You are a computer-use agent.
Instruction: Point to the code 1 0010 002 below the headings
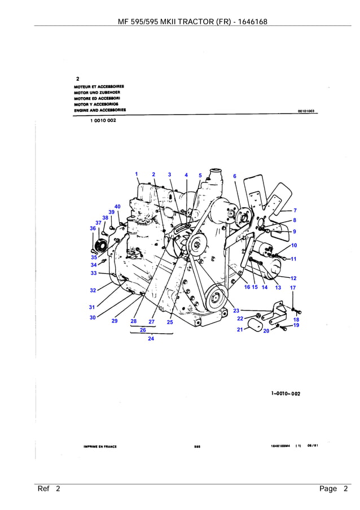[103, 120]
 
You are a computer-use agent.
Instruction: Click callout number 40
[117, 207]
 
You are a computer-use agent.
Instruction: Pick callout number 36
[93, 228]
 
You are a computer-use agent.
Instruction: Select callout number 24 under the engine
[151, 339]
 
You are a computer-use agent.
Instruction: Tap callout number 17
[293, 287]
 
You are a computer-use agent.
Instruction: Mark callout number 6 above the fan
[235, 176]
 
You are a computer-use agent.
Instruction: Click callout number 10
[294, 246]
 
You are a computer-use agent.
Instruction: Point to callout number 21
[240, 329]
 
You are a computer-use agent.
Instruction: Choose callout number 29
[115, 321]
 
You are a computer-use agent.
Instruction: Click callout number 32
[93, 290]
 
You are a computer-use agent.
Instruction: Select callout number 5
[200, 176]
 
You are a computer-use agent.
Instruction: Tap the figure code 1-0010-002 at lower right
[286, 394]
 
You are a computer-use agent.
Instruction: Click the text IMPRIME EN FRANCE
[100, 446]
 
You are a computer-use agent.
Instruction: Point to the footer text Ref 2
[49, 489]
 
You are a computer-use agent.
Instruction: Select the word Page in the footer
[328, 489]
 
